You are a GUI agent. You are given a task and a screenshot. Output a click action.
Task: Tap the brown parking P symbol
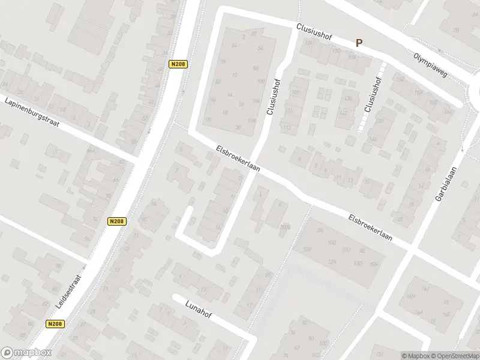tap(359, 43)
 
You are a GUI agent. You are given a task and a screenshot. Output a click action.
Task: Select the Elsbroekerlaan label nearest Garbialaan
tap(371, 227)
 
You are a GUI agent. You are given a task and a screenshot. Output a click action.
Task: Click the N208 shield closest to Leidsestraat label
tap(54, 323)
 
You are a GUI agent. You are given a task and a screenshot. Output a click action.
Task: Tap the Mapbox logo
tap(26, 353)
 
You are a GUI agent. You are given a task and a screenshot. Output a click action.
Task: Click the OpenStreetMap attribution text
tap(455, 356)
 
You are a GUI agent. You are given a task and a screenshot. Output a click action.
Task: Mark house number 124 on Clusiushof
tap(309, 43)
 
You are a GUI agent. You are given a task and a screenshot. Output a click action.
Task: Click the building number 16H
tap(376, 264)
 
